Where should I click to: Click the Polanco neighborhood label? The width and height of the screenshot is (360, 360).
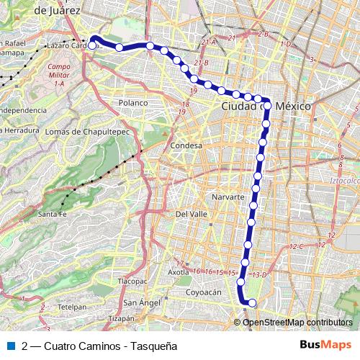coord(133,103)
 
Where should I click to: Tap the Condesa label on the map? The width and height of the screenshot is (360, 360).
coord(186,145)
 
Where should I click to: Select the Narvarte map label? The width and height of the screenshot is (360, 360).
coord(230,197)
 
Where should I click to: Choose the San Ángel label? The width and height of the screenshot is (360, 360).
coord(141,302)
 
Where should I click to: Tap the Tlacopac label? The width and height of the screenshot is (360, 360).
coord(132,282)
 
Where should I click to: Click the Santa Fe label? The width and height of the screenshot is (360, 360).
coord(53,215)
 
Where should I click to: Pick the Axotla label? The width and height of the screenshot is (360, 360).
coord(179,273)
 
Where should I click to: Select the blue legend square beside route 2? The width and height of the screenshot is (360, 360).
coord(11,345)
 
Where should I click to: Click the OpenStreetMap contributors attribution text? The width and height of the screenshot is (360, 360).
coord(297,322)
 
